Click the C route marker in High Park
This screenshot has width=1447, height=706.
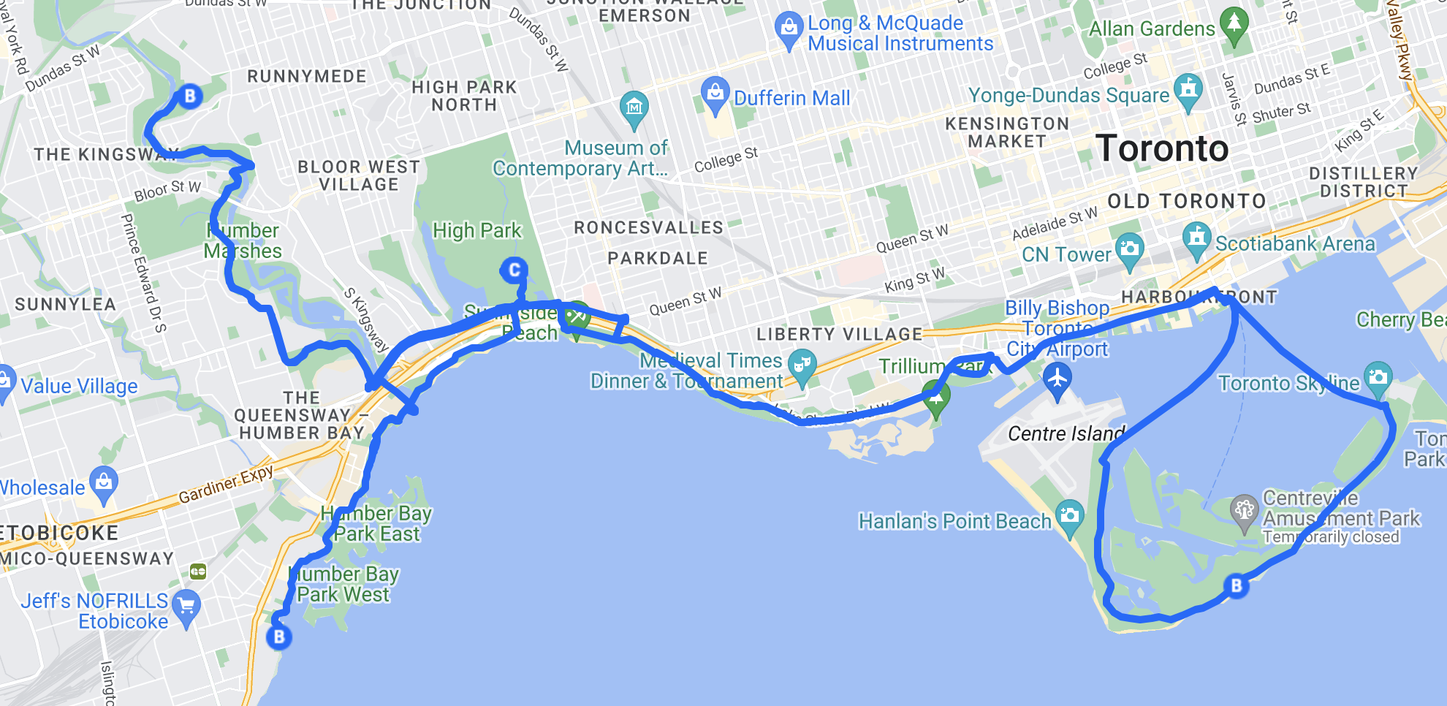click(514, 270)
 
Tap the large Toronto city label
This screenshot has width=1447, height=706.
click(1162, 148)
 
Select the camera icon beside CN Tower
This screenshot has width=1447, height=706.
click(1129, 248)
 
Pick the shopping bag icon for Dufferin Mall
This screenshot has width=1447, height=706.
click(715, 92)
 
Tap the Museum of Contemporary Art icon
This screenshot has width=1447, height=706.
click(634, 107)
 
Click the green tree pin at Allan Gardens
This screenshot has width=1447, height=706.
click(1234, 22)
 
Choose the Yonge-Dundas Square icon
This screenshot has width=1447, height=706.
click(1188, 89)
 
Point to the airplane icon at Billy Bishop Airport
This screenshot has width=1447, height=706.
click(1057, 379)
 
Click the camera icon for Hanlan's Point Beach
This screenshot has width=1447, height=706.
click(1069, 515)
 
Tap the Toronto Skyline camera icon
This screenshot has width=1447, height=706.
click(1378, 377)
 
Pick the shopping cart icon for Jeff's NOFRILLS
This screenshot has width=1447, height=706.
click(186, 606)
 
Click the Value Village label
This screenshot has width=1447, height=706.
click(79, 386)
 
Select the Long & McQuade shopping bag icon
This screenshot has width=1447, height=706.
click(789, 28)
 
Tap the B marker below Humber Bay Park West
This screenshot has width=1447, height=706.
click(278, 637)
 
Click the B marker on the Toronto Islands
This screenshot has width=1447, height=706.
click(1236, 585)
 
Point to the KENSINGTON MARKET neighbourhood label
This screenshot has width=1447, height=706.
click(1007, 132)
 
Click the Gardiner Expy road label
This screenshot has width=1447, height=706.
click(226, 484)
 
